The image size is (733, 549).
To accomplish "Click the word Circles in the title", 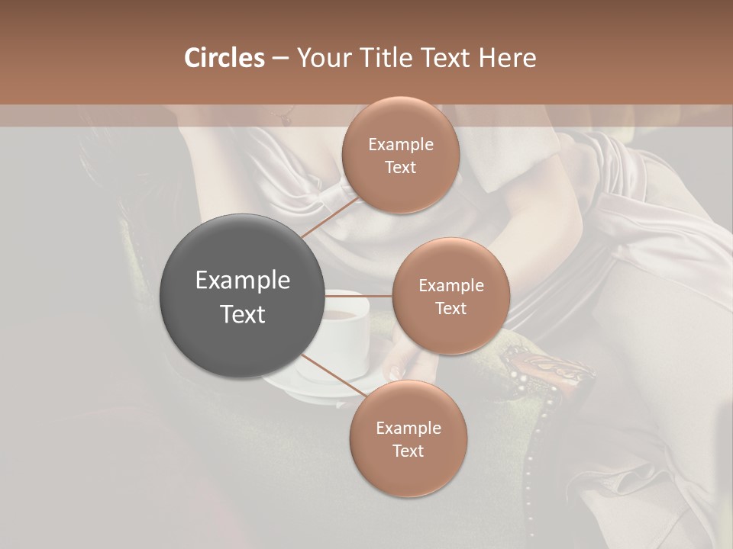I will tap(224, 58).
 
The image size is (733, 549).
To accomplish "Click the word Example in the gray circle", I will tap(243, 281).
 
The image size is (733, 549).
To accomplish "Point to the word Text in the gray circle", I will tap(243, 314).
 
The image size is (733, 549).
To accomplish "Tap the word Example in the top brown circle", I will tap(400, 145).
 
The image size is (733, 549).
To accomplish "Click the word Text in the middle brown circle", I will tap(450, 309).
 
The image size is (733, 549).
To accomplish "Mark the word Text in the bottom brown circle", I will tap(408, 451).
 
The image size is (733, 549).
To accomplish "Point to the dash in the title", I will tap(279, 58).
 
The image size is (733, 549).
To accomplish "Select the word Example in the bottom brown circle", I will tap(408, 429).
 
